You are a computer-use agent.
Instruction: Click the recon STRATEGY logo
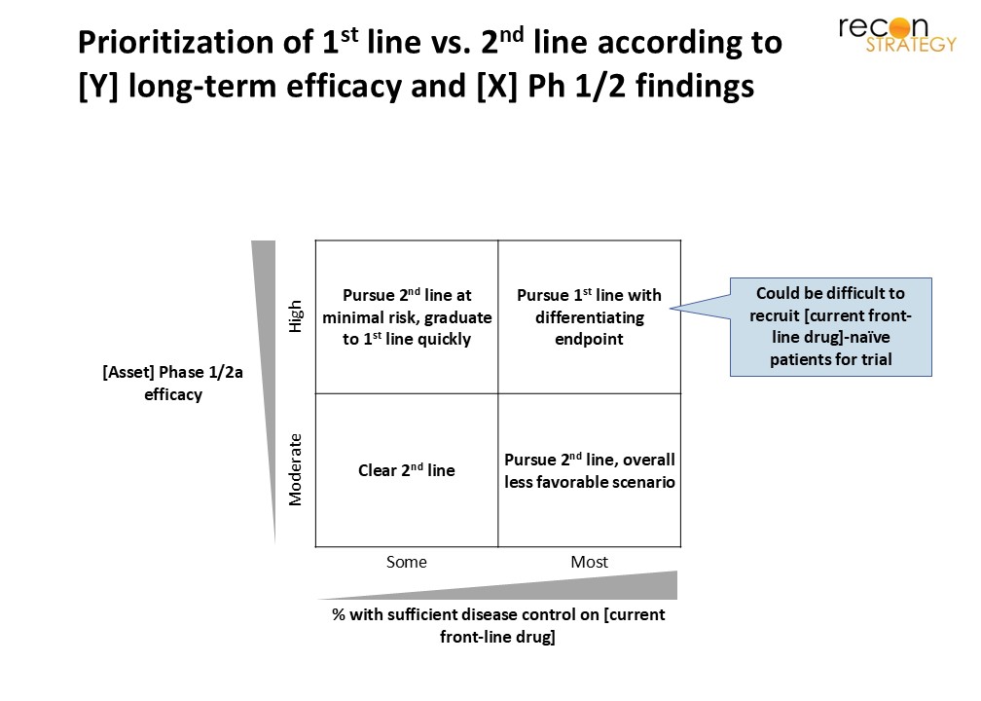897,34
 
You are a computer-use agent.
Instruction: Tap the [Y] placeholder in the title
98,87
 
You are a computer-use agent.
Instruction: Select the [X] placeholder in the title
496,87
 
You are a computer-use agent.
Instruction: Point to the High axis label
295,316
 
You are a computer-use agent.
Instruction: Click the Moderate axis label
295,469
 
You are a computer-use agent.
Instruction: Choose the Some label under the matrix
407,562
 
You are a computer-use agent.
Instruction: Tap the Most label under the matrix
590,562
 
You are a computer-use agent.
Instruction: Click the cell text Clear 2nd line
407,470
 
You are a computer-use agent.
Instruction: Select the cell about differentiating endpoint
590,316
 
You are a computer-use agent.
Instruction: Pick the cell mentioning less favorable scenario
590,470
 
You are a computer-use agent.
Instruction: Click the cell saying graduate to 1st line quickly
407,316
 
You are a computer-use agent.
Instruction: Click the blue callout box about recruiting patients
831,327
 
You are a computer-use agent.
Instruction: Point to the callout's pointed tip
671,308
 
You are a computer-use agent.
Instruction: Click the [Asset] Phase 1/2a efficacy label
172,383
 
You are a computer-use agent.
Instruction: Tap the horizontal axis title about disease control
498,625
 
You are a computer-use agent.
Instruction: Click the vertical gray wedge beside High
266,350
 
